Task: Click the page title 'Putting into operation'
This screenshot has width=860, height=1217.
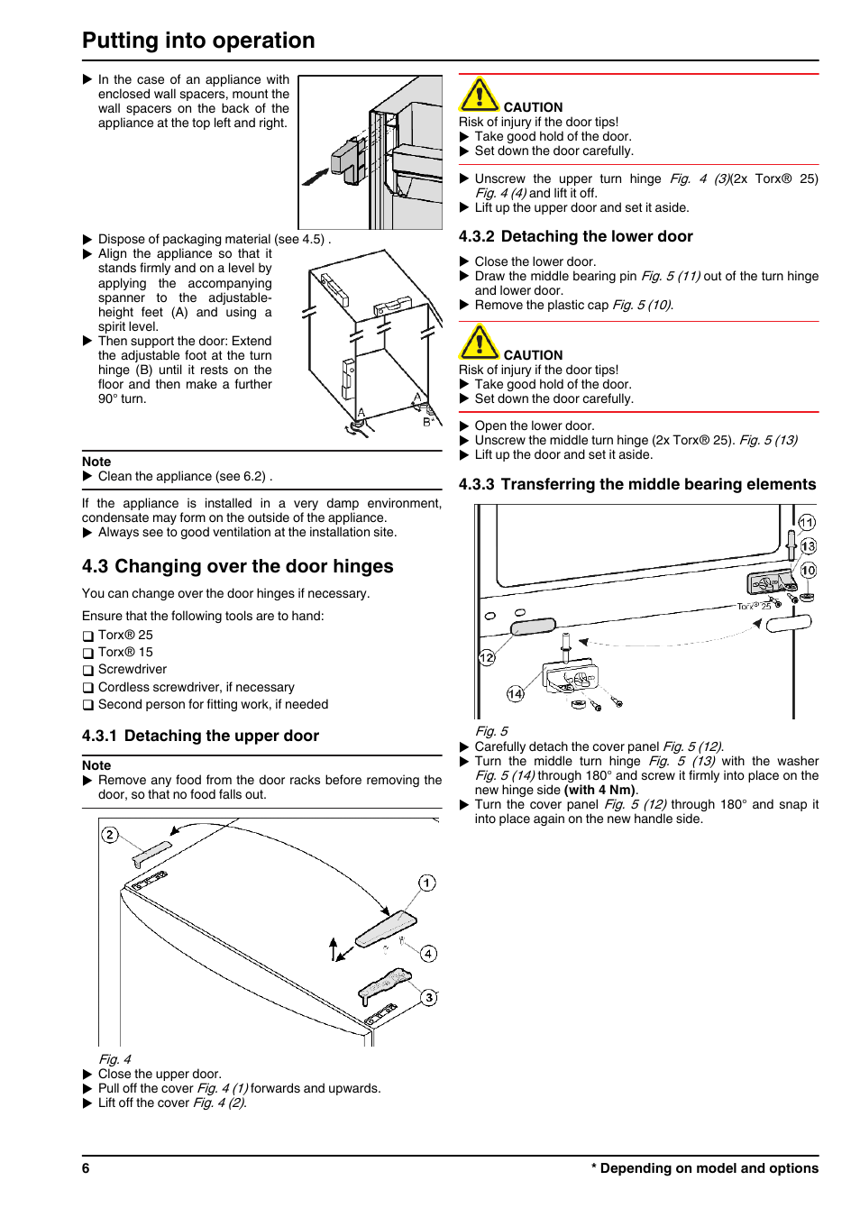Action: [198, 41]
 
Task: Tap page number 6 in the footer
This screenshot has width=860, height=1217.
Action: [86, 1168]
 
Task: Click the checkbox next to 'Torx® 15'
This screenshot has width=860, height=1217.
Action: [88, 653]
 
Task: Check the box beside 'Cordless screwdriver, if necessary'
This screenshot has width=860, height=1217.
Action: [88, 688]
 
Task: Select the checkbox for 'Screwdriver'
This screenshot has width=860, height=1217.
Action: [88, 671]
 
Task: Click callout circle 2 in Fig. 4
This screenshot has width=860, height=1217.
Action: [110, 835]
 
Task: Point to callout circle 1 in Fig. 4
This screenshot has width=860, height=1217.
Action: [427, 883]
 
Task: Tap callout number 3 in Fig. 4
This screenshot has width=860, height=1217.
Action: [429, 997]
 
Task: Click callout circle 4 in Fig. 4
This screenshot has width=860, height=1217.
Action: [429, 954]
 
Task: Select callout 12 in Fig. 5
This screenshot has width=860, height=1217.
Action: [487, 658]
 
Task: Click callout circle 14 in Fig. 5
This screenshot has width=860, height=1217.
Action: [515, 693]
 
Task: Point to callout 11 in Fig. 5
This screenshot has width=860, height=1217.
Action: [807, 523]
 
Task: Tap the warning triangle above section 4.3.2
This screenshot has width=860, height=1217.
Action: [480, 95]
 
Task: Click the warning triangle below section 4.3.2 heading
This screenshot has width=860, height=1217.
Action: [480, 343]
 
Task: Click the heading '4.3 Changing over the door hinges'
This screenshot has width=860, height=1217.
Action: [238, 566]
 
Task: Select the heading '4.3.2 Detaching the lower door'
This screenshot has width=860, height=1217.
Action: [575, 236]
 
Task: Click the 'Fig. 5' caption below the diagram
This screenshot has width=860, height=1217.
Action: [491, 731]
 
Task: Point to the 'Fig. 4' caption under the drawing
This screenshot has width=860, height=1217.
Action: [114, 1059]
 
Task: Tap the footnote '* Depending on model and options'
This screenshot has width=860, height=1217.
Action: [705, 1168]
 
